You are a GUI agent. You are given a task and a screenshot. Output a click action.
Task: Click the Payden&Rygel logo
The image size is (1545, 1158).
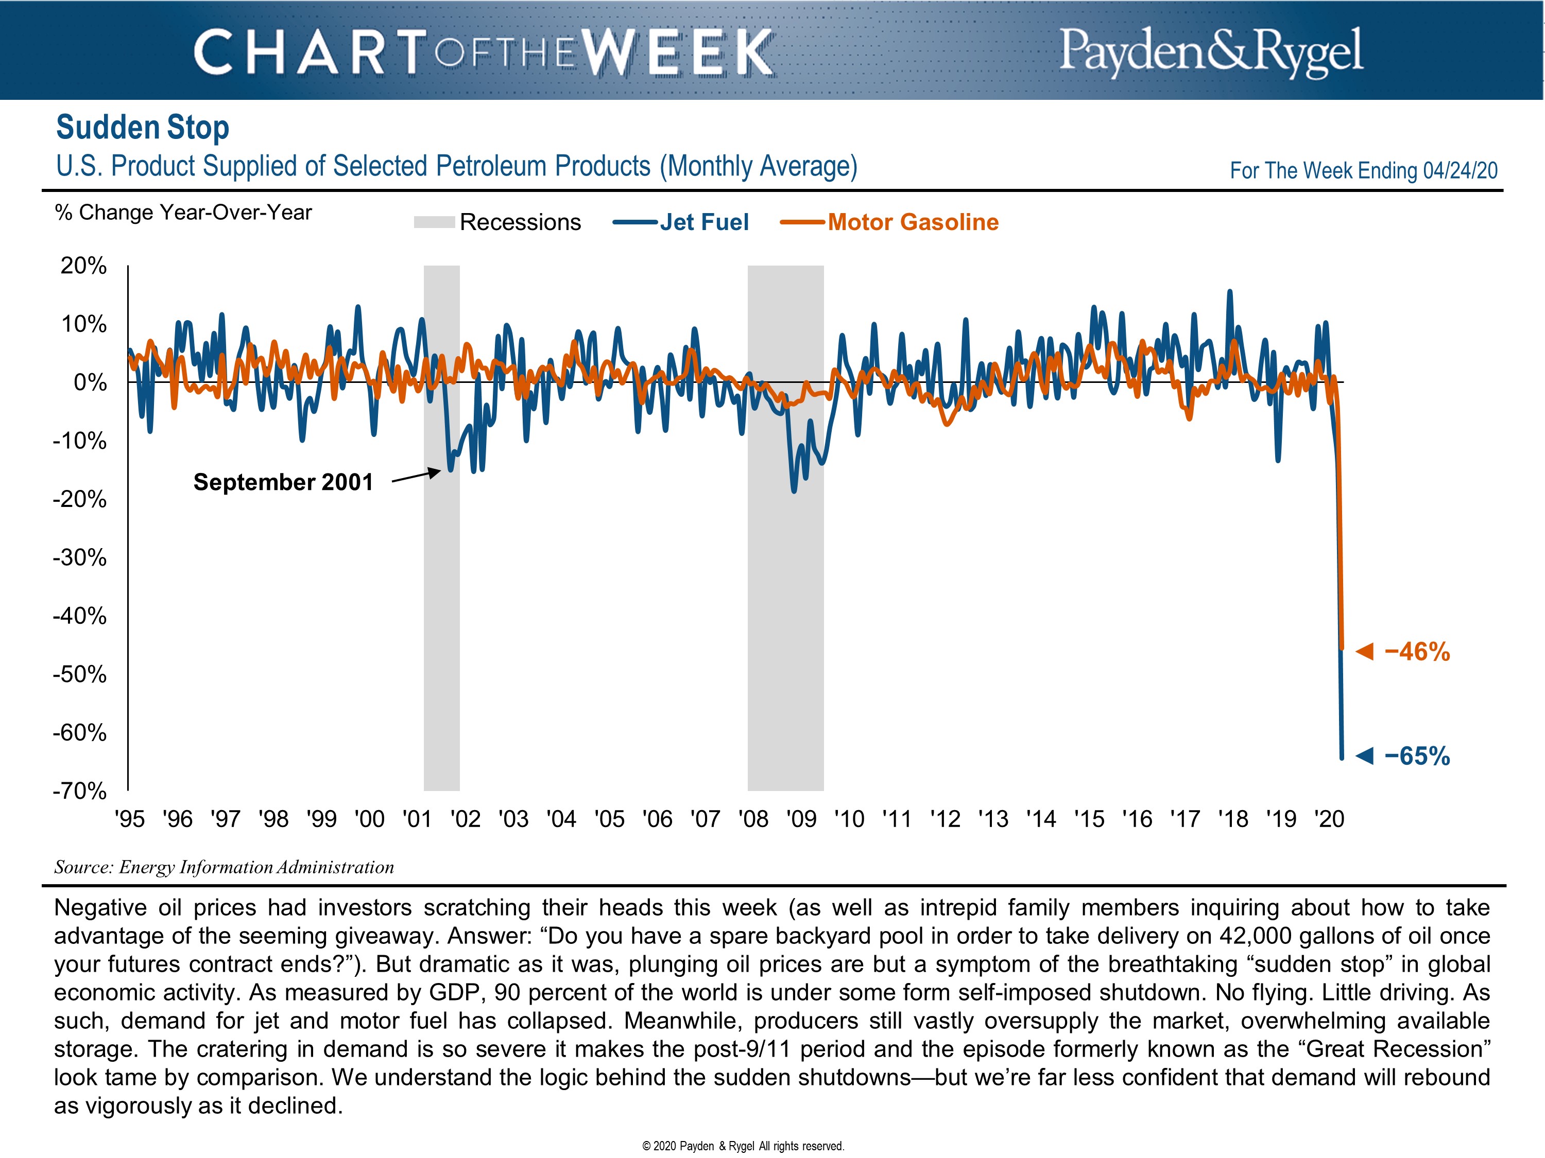[1210, 50]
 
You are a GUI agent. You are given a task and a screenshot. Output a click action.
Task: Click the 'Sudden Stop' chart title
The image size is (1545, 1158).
[143, 128]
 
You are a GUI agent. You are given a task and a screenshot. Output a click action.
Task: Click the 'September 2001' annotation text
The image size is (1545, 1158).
[283, 482]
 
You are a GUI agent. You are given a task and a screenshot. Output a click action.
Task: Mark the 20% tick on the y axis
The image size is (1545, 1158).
[84, 266]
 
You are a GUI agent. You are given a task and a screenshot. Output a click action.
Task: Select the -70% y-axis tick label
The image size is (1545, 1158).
[80, 791]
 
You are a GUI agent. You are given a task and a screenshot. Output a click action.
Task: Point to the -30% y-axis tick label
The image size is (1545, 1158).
[80, 558]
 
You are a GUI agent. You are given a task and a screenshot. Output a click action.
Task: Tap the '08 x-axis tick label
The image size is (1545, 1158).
[753, 819]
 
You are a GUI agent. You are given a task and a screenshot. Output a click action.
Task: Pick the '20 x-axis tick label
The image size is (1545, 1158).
[1329, 819]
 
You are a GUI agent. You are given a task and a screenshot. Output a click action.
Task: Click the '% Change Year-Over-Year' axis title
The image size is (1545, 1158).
[183, 212]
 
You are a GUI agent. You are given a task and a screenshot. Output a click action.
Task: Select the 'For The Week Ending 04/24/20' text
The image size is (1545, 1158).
[1363, 171]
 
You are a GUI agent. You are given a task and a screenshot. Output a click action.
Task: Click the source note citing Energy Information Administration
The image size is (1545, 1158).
[224, 867]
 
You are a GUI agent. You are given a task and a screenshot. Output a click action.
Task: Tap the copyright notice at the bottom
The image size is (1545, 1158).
[743, 1146]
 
